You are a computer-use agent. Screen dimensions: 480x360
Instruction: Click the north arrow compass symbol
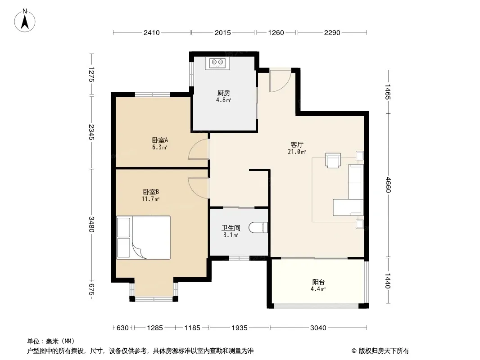tap(25, 21)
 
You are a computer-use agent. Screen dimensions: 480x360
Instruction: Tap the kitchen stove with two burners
tap(217, 63)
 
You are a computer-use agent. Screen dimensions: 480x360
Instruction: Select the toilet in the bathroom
tap(258, 228)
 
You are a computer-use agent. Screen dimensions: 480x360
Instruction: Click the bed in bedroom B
tap(143, 238)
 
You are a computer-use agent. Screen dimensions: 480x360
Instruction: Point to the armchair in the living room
tap(333, 161)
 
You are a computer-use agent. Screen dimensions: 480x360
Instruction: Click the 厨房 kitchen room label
tap(223, 93)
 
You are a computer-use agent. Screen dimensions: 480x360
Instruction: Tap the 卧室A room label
tap(160, 140)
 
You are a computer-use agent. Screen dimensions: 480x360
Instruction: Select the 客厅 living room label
tap(297, 144)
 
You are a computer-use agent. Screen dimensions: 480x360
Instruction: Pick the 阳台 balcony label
tap(318, 282)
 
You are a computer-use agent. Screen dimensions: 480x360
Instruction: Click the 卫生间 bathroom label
tap(231, 228)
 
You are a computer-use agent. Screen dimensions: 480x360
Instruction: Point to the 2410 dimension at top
tap(152, 33)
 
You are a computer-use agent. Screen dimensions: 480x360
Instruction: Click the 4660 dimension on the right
tap(388, 185)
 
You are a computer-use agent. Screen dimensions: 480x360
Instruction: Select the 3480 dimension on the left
tap(91, 224)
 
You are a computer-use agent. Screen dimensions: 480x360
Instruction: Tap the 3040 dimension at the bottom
tap(318, 328)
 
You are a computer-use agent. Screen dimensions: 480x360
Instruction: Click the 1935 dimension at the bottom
tap(240, 328)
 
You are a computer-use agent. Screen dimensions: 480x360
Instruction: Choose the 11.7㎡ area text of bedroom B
tap(150, 199)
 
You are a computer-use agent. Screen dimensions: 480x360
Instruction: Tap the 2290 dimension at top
tap(332, 33)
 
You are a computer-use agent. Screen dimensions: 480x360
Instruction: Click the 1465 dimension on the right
tap(388, 92)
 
